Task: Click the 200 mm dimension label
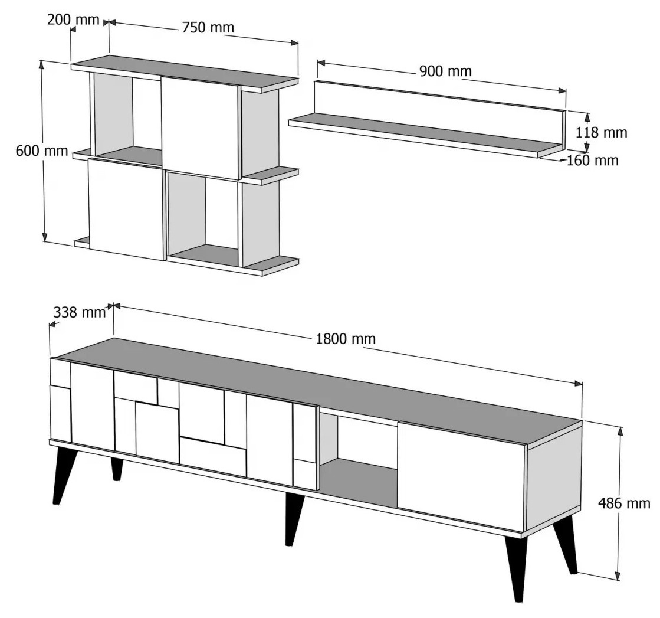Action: point(73,19)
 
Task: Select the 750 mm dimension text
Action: point(208,27)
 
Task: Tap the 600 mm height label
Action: point(42,151)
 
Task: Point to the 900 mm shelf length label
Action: point(445,71)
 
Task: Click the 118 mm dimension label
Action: point(601,132)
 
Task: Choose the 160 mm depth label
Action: point(593,160)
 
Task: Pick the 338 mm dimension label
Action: point(80,312)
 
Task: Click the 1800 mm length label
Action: point(346,339)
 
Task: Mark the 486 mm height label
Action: point(624,503)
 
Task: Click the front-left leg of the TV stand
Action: point(63,474)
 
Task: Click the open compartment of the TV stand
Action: point(358,460)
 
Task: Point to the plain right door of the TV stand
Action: point(461,476)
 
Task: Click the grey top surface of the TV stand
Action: point(337,388)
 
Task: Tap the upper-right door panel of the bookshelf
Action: point(201,128)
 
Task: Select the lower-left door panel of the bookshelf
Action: point(126,209)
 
